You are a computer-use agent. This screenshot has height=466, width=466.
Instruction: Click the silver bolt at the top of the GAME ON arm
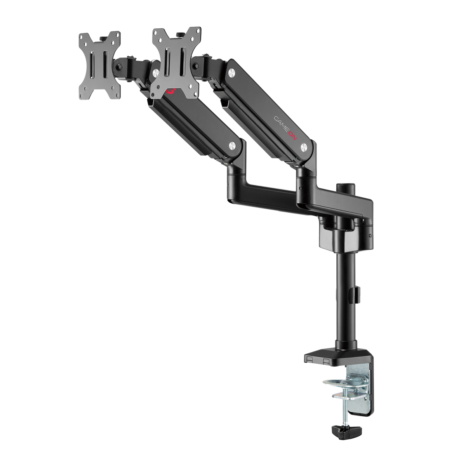click(x=232, y=72)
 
